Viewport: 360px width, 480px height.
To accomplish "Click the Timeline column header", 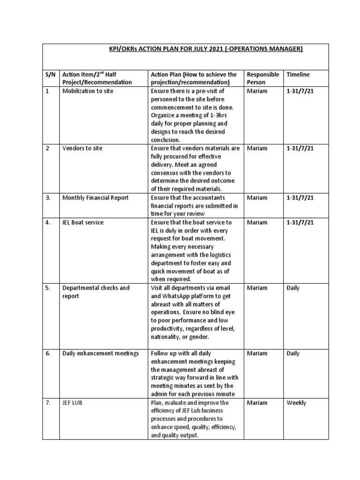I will (298, 75).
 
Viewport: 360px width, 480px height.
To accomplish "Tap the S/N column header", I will (50, 75).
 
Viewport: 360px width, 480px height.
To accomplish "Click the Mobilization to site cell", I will (88, 91).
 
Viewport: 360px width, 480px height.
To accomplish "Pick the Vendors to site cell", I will (82, 148).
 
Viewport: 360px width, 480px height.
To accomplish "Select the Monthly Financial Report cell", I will (95, 198).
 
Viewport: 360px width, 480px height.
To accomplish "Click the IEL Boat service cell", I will (83, 222).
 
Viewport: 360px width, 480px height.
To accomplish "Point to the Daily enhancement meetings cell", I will (100, 353).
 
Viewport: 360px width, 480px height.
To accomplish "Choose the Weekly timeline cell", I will (296, 403).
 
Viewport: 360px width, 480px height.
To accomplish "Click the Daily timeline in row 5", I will (293, 288).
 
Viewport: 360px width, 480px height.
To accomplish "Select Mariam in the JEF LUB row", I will (257, 403).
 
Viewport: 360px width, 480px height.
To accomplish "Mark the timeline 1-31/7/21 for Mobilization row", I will (300, 91).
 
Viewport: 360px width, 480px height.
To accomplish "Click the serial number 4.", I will (48, 222).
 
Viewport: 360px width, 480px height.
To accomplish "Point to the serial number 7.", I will (48, 403).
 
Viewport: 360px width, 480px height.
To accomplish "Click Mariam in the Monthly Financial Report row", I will (257, 198).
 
